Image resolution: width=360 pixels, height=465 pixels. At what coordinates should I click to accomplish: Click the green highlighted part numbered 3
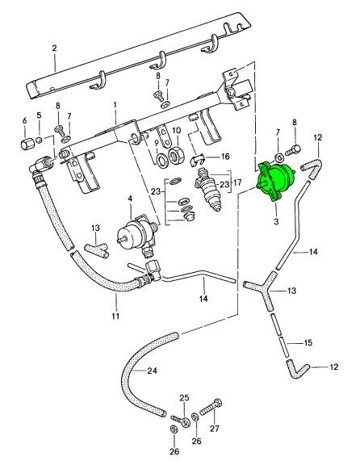pyautogui.click(x=276, y=180)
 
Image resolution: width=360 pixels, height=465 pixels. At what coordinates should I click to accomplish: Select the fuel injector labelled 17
pyautogui.click(x=208, y=190)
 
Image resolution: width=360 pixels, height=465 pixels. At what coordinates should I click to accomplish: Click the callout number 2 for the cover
pyautogui.click(x=54, y=48)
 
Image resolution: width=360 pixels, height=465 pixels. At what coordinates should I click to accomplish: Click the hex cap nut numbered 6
pyautogui.click(x=25, y=144)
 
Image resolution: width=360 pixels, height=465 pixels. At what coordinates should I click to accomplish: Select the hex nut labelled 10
pyautogui.click(x=177, y=155)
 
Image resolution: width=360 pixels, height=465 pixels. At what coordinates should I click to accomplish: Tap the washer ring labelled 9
pyautogui.click(x=161, y=161)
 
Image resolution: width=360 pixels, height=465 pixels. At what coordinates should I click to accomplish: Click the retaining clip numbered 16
pyautogui.click(x=195, y=160)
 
